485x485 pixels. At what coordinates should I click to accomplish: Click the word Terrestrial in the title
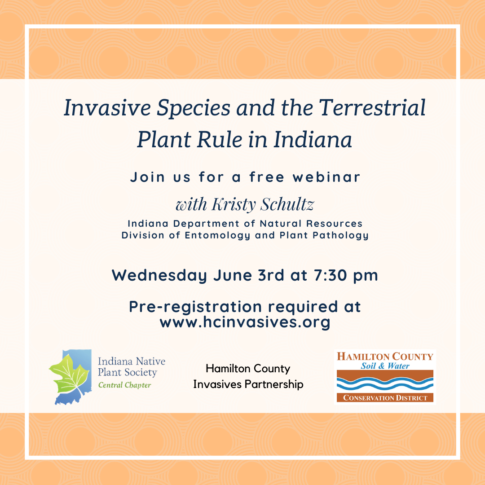point(372,108)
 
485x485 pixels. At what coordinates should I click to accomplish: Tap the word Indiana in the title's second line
point(313,140)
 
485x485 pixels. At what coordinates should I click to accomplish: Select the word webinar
point(326,177)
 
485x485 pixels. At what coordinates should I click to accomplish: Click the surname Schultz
point(287,204)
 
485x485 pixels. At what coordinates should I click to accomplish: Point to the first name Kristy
point(234,205)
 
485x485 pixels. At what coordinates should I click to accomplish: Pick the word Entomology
point(217,236)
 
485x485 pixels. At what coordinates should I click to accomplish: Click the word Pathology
point(340,236)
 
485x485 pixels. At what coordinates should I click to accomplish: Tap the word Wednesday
point(159,275)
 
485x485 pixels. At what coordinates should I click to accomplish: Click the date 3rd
point(271,275)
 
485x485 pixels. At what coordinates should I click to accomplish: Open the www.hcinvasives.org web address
point(245,322)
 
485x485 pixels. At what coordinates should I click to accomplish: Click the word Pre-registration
point(195,307)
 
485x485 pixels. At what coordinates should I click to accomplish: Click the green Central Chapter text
point(125,385)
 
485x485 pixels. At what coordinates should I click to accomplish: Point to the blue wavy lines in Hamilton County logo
point(385,384)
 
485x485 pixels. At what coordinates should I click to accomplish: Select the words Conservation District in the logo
point(385,398)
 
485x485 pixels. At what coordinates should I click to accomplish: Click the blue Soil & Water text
point(385,366)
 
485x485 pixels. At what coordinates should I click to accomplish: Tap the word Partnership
point(274,384)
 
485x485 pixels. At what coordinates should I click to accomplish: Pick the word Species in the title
point(194,108)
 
